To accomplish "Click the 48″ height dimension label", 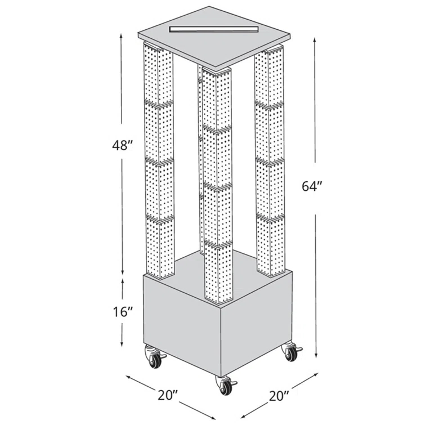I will pos(122,145).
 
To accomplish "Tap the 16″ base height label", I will pos(122,311).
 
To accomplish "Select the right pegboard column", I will pos(270,163).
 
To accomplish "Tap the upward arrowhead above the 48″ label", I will pos(122,35).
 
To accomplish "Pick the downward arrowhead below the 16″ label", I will pos(123,345).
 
